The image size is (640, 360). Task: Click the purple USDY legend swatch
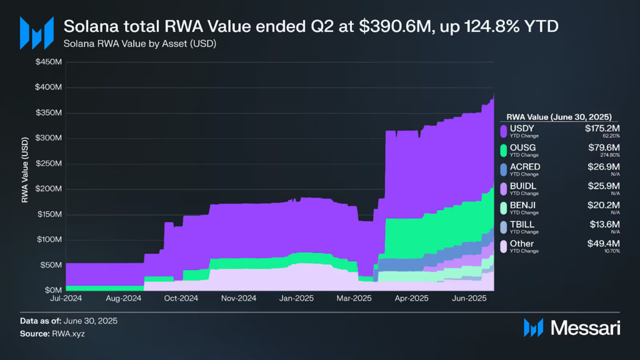pyautogui.click(x=503, y=130)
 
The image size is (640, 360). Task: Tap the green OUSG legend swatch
pyautogui.click(x=503, y=149)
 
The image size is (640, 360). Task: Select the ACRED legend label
pyautogui.click(x=525, y=166)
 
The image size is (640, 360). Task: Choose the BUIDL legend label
pyautogui.click(x=523, y=186)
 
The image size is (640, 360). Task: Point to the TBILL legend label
pyautogui.click(x=522, y=224)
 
